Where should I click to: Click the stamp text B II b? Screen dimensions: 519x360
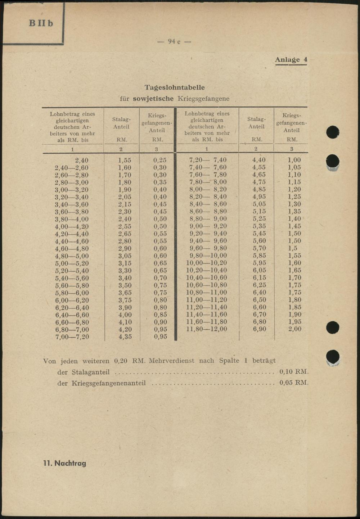click(x=41, y=23)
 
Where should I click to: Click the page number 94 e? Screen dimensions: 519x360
click(x=174, y=42)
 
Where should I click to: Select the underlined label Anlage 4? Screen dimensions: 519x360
click(x=291, y=60)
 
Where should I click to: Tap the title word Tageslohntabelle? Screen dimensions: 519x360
click(x=175, y=87)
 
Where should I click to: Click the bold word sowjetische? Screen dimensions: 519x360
click(x=153, y=99)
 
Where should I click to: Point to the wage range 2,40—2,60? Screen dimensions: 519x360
click(x=72, y=168)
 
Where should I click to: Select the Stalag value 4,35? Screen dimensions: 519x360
click(x=125, y=337)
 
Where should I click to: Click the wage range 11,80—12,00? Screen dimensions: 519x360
click(x=207, y=329)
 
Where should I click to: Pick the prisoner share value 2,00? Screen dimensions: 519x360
click(x=294, y=329)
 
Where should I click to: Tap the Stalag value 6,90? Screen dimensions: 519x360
click(x=259, y=329)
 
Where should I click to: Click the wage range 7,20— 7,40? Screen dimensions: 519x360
click(x=208, y=160)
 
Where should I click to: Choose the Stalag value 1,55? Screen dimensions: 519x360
click(x=125, y=161)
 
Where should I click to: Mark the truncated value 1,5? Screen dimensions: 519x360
click(x=292, y=248)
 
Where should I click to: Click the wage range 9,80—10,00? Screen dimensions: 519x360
click(x=208, y=256)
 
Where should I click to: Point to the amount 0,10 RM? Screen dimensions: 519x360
click(x=294, y=372)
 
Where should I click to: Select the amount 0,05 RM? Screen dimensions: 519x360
click(x=294, y=383)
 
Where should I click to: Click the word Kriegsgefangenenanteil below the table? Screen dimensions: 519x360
click(x=108, y=383)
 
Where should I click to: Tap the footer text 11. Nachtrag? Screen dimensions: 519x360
click(x=65, y=463)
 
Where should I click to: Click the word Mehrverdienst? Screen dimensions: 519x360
click(x=171, y=361)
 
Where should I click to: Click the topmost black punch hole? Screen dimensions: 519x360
click(x=333, y=132)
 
